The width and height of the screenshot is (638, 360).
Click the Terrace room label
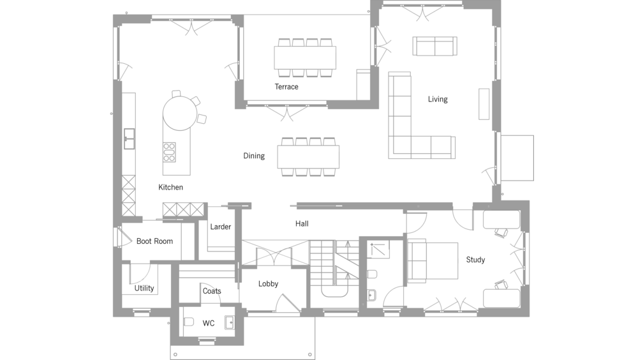pyautogui.click(x=286, y=87)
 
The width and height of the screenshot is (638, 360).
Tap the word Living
pyautogui.click(x=438, y=100)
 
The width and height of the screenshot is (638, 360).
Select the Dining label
pyautogui.click(x=254, y=156)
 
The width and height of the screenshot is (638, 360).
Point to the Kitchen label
pyautogui.click(x=170, y=187)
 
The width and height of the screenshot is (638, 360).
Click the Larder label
pyautogui.click(x=221, y=227)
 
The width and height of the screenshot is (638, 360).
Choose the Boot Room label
pyautogui.click(x=154, y=241)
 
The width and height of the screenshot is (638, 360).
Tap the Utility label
pyautogui.click(x=144, y=289)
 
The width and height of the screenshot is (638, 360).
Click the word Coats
pyautogui.click(x=212, y=291)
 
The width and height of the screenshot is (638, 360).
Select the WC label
pyautogui.click(x=209, y=324)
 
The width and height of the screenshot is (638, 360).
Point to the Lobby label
pyautogui.click(x=268, y=284)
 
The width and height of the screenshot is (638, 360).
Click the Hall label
pyautogui.click(x=302, y=223)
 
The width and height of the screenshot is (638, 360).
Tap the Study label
pyautogui.click(x=476, y=260)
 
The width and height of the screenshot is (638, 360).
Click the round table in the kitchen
pyautogui.click(x=180, y=113)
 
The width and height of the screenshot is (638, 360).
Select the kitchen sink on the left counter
pyautogui.click(x=130, y=139)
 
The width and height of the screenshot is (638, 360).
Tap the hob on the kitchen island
pyautogui.click(x=170, y=153)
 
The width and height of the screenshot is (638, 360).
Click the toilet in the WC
pyautogui.click(x=188, y=322)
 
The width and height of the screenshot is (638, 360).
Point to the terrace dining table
pyautogui.click(x=305, y=58)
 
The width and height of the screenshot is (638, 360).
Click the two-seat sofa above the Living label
pyautogui.click(x=435, y=46)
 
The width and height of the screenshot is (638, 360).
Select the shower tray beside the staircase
pyautogui.click(x=378, y=249)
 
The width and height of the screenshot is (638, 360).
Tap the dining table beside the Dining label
pyautogui.click(x=308, y=157)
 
